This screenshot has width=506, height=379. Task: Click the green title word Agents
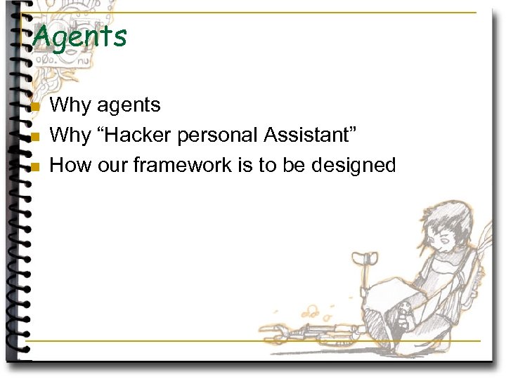[x=79, y=36]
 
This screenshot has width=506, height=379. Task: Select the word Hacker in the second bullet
[x=138, y=135]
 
